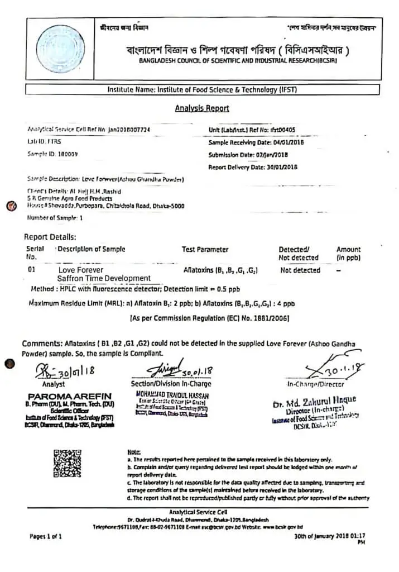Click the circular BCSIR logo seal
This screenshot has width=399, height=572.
coord(57,49)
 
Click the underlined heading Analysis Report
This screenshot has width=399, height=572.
coord(202,108)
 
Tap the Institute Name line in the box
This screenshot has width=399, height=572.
coord(201,89)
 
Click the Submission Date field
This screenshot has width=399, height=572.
coord(248,155)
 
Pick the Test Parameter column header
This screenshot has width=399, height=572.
coord(205,249)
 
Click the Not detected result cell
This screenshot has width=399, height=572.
coord(300,270)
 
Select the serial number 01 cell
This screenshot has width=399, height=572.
coord(31,269)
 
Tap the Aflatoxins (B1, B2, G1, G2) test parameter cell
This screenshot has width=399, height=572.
coord(220,270)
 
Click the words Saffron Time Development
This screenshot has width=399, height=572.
coord(104,278)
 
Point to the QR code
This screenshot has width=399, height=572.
coord(68,464)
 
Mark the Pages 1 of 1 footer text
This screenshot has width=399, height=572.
coord(46,536)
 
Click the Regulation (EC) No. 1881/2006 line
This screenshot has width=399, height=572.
coord(209,318)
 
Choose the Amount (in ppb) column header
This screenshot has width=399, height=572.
coord(348,254)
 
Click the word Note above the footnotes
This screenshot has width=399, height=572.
coord(134,451)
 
